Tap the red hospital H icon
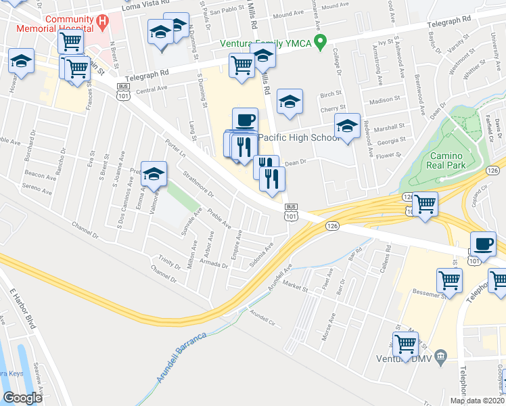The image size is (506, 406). pyautogui.click(x=102, y=23)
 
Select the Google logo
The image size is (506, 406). pyautogui.click(x=23, y=398)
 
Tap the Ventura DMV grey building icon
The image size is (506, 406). pyautogui.click(x=441, y=355)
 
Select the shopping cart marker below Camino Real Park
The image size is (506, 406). pyautogui.click(x=425, y=203)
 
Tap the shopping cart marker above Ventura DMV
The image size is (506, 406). pyautogui.click(x=405, y=344)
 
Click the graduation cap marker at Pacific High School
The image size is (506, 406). pyautogui.click(x=347, y=125)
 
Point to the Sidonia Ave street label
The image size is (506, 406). pyautogui.click(x=260, y=254)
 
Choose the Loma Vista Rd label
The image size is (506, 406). pyautogui.click(x=144, y=7)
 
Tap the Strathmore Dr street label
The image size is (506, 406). pyautogui.click(x=198, y=184)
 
